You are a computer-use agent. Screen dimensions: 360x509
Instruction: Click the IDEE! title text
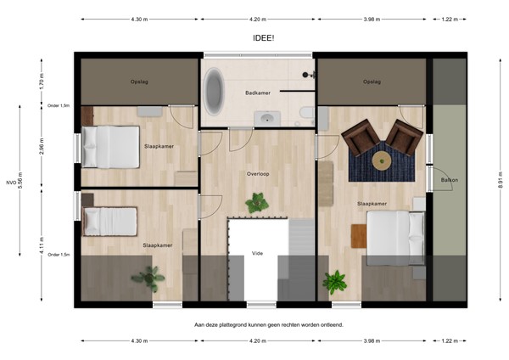(264, 38)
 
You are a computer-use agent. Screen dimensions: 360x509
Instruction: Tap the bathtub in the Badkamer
(214, 93)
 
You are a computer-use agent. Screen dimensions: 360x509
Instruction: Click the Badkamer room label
(258, 93)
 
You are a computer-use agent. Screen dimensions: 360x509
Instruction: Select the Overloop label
(258, 173)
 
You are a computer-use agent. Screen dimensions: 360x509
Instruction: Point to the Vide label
(258, 252)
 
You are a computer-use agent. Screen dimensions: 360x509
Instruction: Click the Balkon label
(448, 179)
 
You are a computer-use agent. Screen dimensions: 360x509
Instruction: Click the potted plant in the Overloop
(256, 203)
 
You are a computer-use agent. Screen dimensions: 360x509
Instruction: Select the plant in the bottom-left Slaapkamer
(148, 277)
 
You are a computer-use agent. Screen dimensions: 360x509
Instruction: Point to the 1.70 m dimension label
(41, 82)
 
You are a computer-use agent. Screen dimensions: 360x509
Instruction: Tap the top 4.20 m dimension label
(260, 19)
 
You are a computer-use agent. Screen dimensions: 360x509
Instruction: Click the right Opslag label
(371, 82)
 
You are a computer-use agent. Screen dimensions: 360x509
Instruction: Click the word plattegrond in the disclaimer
(244, 324)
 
